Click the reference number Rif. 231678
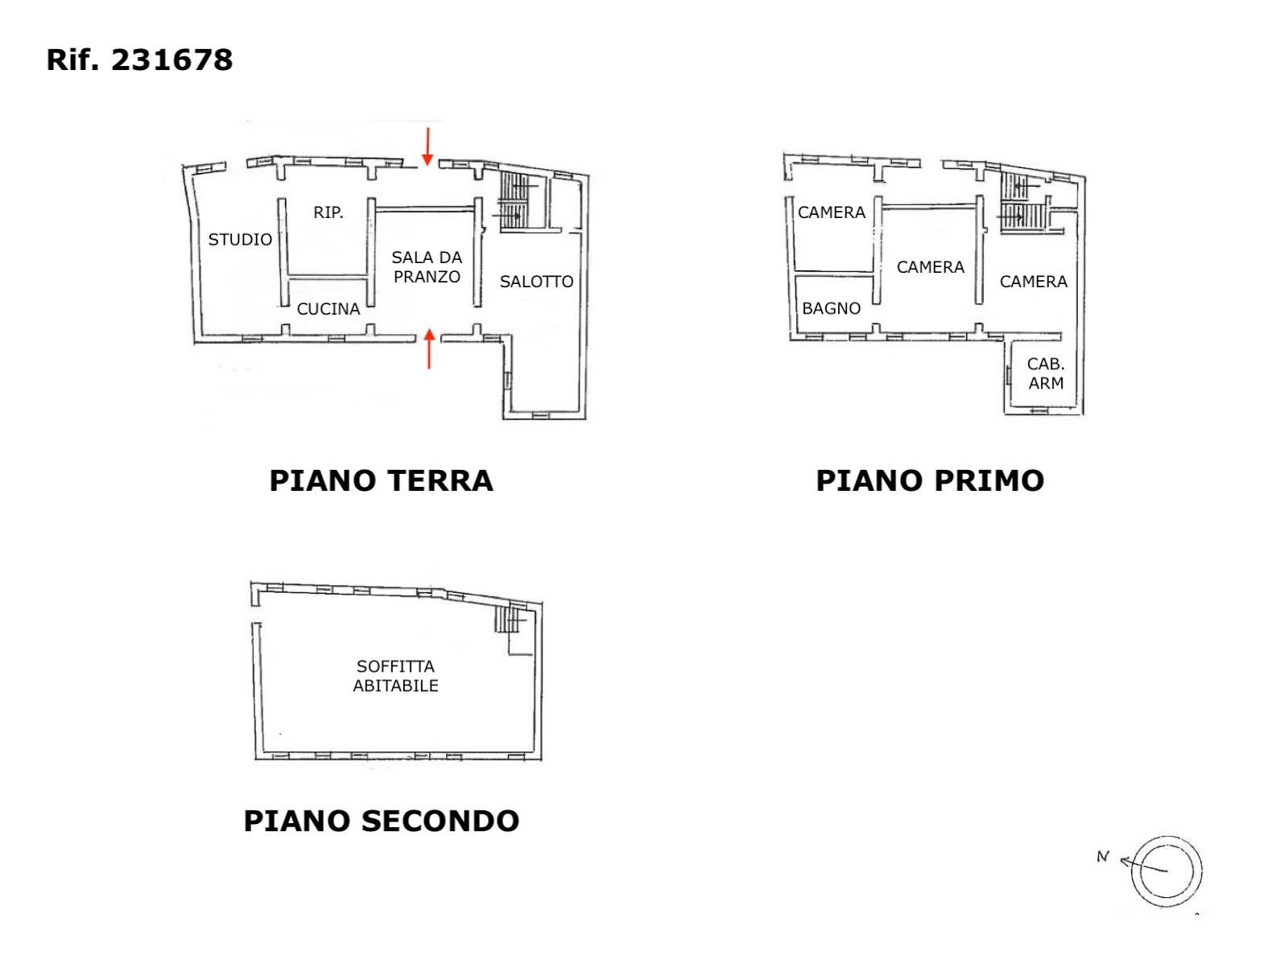pos(139,60)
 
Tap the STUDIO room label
pos(240,240)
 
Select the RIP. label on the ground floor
pos(328,212)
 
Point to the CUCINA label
pos(328,309)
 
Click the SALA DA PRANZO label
pos(427,267)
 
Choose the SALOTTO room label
pos(536,282)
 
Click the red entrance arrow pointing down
pos(428,146)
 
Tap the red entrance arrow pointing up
pos(429,348)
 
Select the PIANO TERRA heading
pos(382,480)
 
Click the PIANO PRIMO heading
pos(930,480)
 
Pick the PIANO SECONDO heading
pos(382,821)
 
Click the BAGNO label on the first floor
pos(831,308)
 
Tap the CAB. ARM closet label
pos(1046,373)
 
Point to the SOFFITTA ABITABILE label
pos(395,676)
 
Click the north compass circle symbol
pos(1167,871)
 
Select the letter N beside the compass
pos(1103,857)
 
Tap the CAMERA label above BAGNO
pos(831,212)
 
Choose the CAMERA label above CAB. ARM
pos(1033,282)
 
